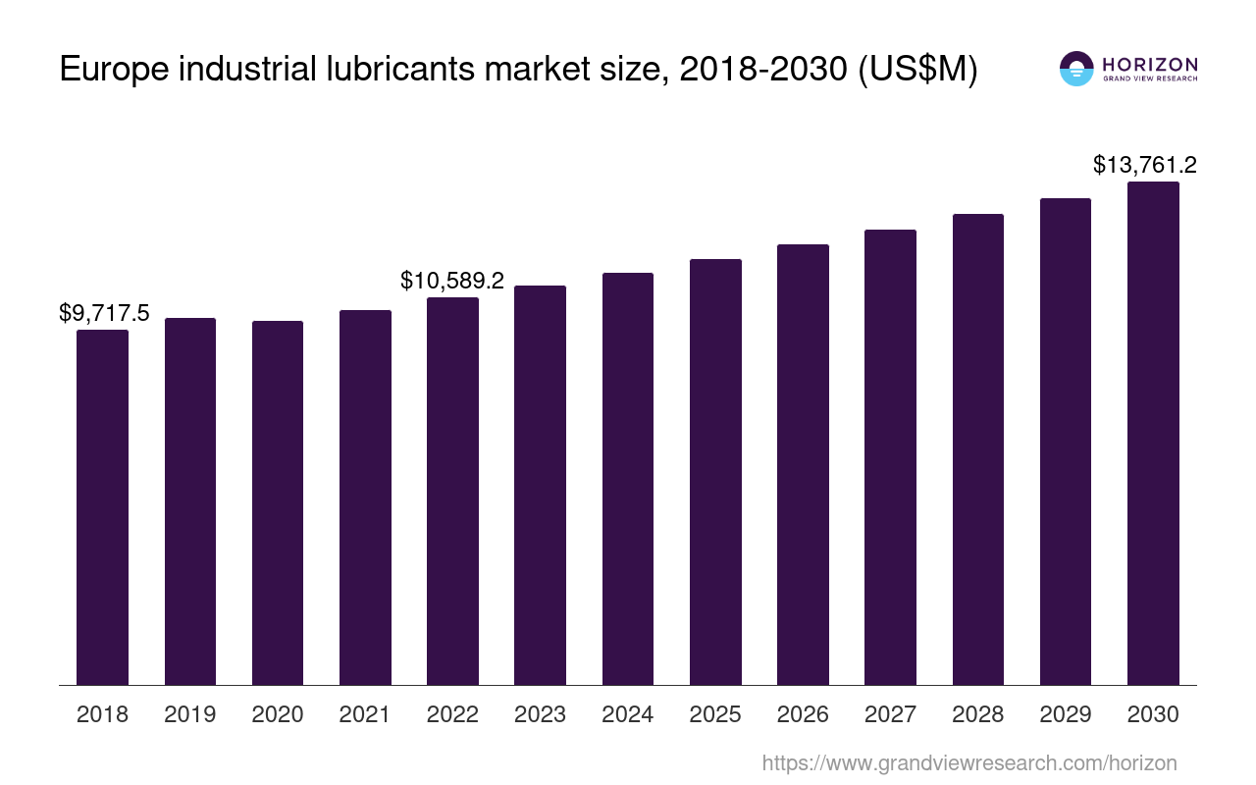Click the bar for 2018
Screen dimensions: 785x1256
click(x=102, y=507)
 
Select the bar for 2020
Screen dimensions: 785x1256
click(x=278, y=502)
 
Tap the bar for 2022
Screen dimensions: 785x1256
click(x=452, y=491)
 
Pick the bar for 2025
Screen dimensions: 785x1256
click(x=715, y=472)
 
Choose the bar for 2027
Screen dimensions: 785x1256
click(x=890, y=457)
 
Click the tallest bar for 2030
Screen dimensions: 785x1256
click(x=1153, y=433)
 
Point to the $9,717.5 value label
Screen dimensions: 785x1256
click(x=104, y=313)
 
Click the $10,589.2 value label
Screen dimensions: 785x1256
click(x=452, y=281)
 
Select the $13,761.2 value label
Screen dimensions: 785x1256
click(x=1144, y=165)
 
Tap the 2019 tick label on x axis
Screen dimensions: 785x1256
click(x=190, y=714)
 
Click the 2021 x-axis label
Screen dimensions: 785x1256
click(x=365, y=714)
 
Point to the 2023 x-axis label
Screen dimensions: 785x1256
click(x=540, y=714)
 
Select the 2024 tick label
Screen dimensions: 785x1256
click(x=628, y=714)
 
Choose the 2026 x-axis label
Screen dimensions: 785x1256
click(x=803, y=714)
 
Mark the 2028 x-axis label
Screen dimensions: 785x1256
click(x=977, y=714)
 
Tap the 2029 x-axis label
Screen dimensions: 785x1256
click(x=1066, y=714)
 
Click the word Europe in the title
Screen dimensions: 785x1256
click(x=114, y=71)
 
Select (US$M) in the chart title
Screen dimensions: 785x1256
click(x=917, y=71)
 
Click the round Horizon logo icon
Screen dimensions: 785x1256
click(x=1076, y=69)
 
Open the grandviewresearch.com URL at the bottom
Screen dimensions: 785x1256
click(x=968, y=762)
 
